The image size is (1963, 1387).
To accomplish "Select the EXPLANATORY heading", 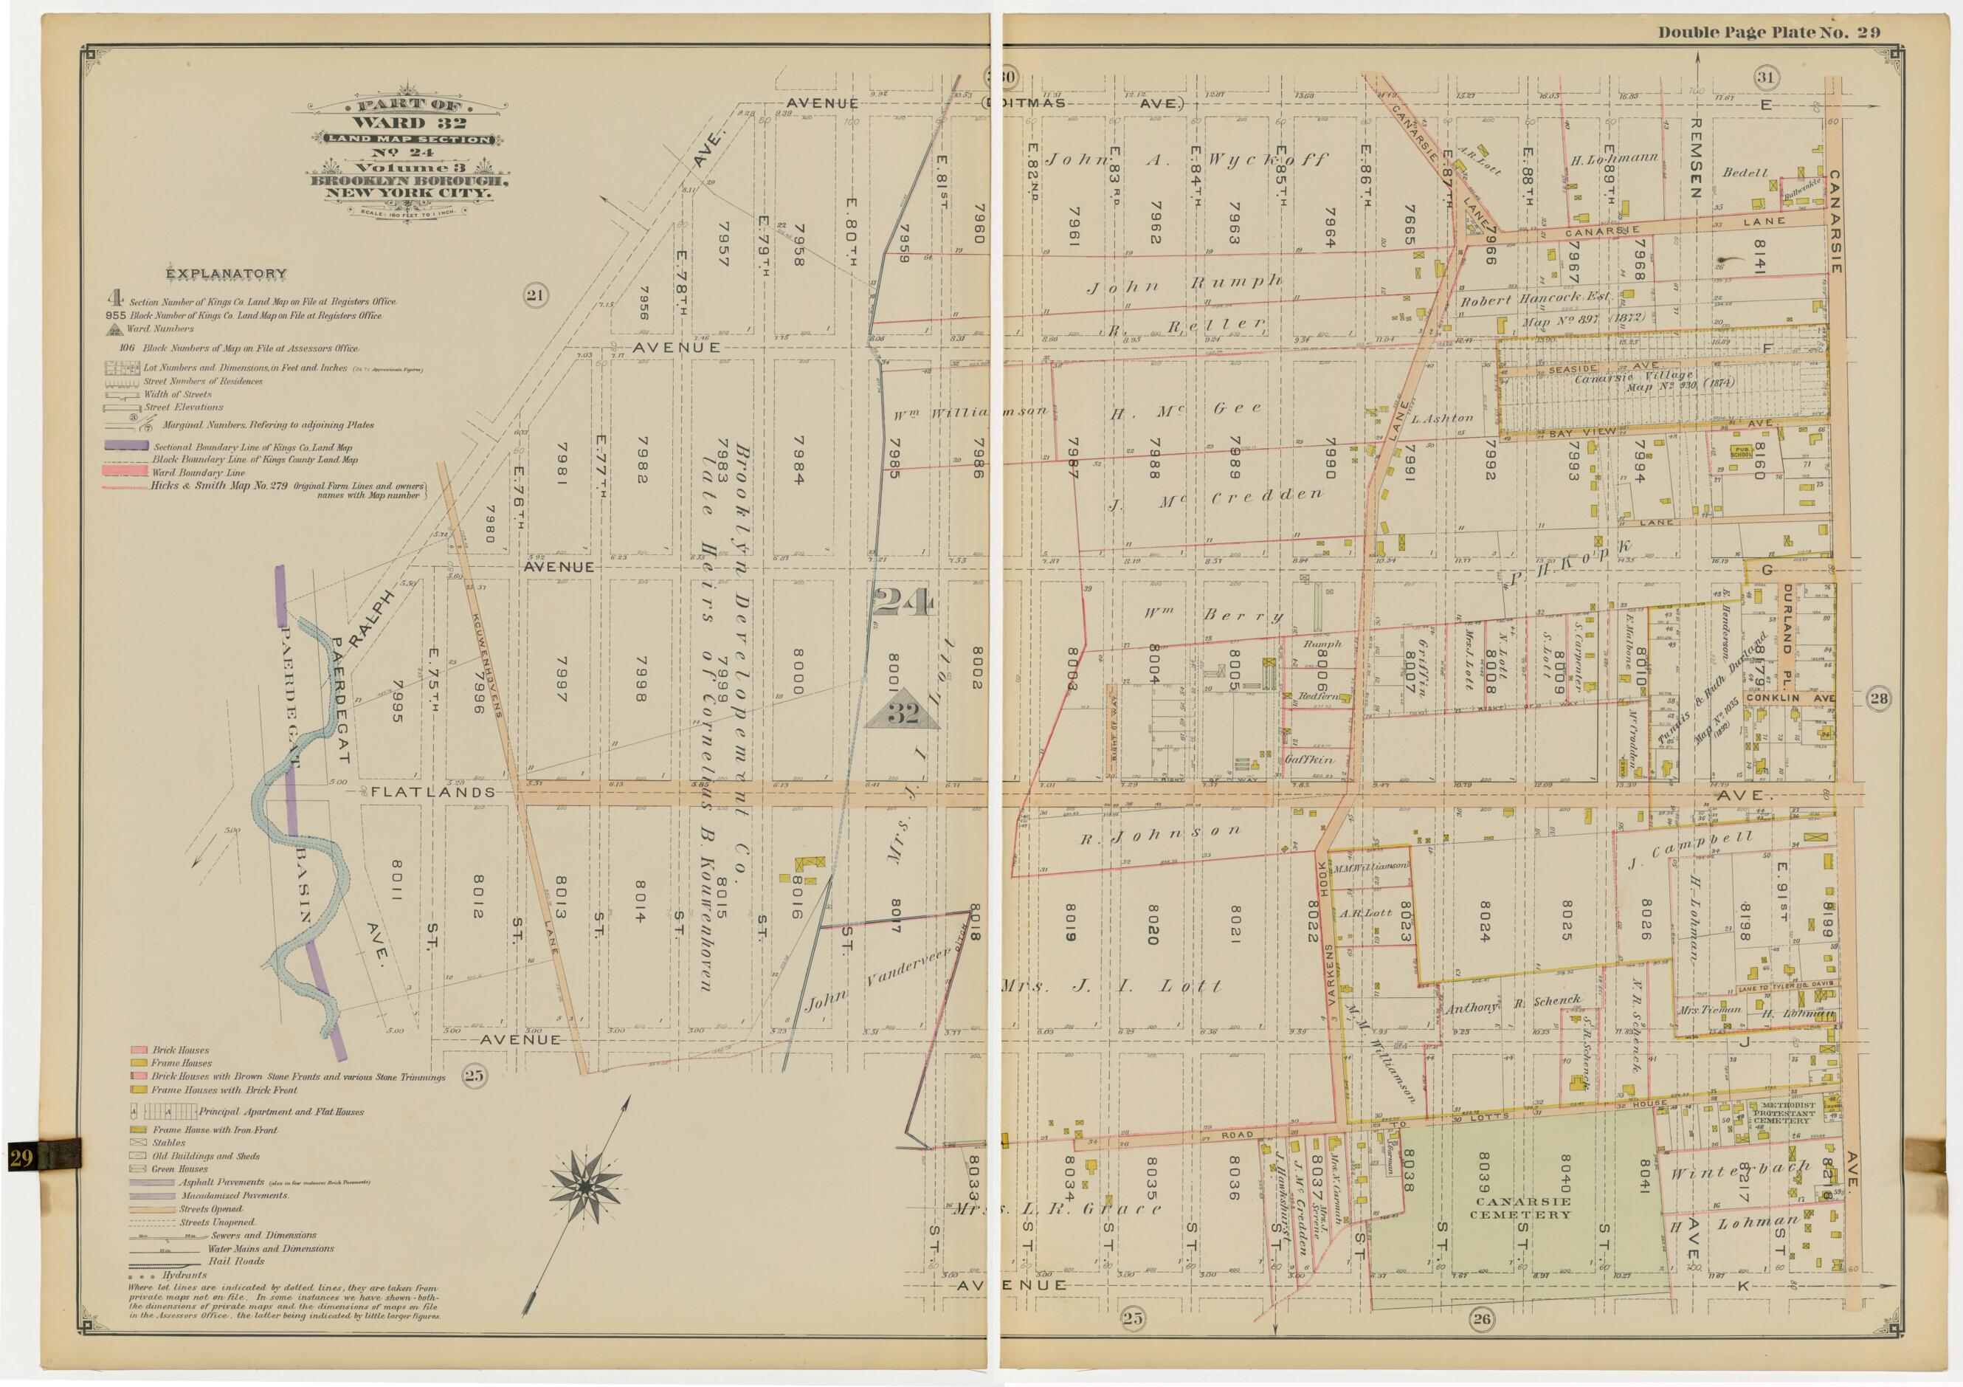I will [x=227, y=274].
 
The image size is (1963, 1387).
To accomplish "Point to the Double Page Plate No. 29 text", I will [x=1768, y=33].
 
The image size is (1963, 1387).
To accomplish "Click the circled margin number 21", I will [x=536, y=296].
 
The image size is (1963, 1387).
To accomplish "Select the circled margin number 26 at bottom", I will [x=1482, y=1343].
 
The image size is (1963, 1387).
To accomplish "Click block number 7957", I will [x=723, y=247].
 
